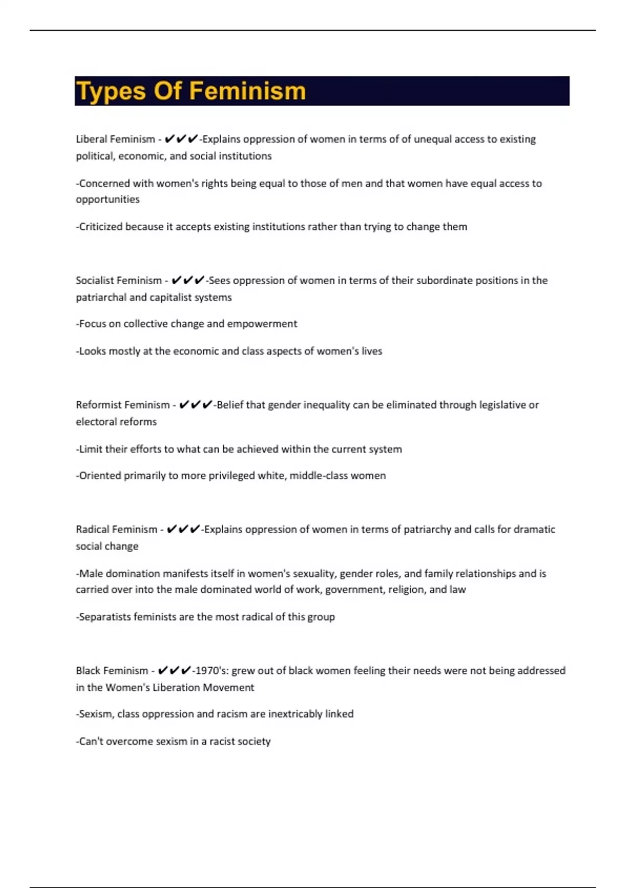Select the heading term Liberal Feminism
tap(115, 139)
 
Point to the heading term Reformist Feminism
tap(123, 405)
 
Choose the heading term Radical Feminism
tap(116, 530)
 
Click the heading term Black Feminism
tap(112, 671)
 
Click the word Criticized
tap(101, 227)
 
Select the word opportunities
tap(107, 200)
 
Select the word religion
tap(406, 590)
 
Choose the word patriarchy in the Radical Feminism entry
tap(427, 530)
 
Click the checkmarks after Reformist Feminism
tap(195, 405)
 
